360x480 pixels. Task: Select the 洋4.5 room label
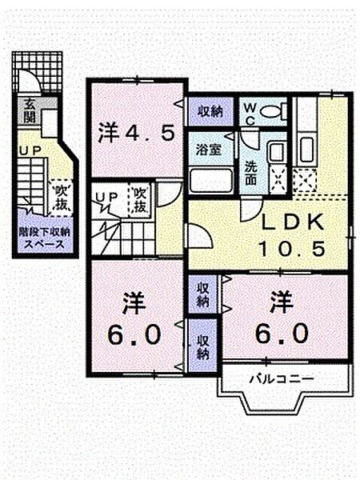pyautogui.click(x=136, y=131)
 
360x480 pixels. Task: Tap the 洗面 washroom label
pyautogui.click(x=250, y=163)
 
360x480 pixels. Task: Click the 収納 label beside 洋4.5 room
pyautogui.click(x=211, y=110)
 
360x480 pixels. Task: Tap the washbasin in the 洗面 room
pyautogui.click(x=276, y=152)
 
